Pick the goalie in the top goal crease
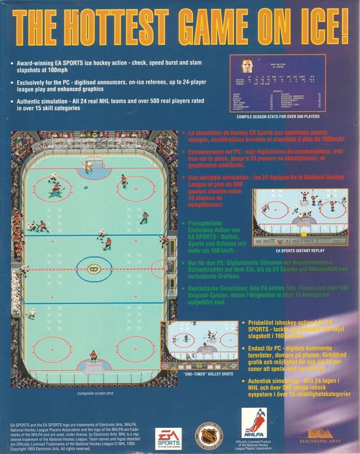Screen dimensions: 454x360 point(89,166)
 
